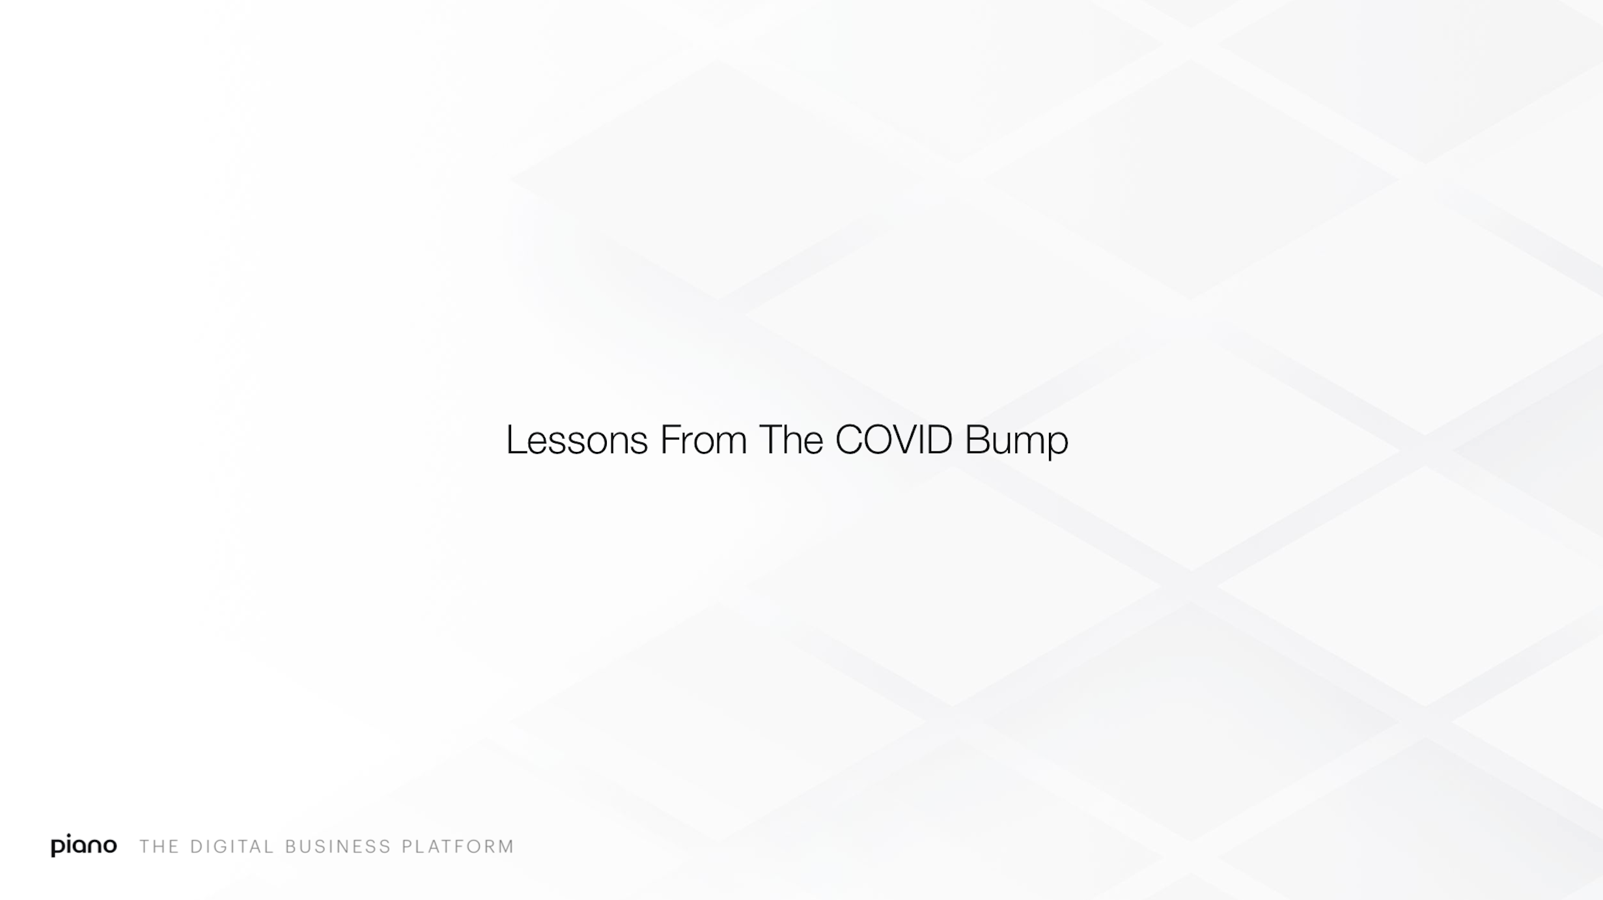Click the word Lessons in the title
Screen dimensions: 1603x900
[x=577, y=440]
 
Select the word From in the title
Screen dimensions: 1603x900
[x=703, y=440]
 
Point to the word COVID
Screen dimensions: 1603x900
[x=894, y=440]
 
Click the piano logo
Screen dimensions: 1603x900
[x=84, y=845]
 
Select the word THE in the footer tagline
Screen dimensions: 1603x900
[x=159, y=847]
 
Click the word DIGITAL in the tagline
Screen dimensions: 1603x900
[x=232, y=847]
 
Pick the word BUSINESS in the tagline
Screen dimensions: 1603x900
[x=339, y=847]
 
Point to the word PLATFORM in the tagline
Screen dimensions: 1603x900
[x=458, y=847]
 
